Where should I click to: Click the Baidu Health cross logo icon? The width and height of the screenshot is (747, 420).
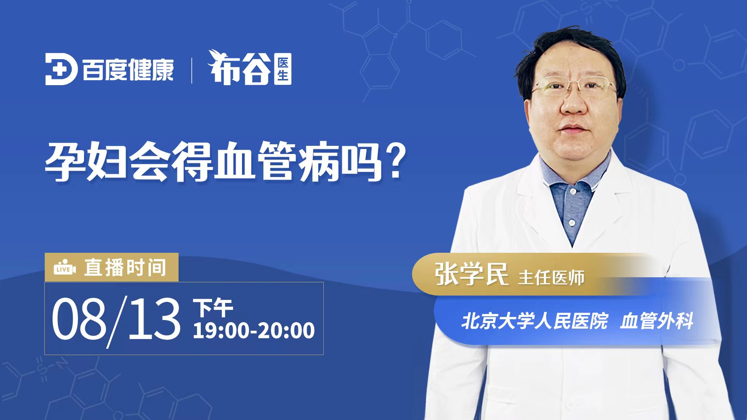tap(61, 69)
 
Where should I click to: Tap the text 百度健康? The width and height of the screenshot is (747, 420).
tap(128, 70)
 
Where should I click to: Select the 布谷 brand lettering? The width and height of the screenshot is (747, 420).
tap(239, 68)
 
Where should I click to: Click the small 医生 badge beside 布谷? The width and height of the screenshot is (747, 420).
tap(283, 69)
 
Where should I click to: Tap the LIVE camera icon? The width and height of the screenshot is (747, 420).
tap(65, 268)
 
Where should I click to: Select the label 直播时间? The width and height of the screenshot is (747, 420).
tap(125, 268)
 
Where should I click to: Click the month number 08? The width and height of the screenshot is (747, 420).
tap(79, 318)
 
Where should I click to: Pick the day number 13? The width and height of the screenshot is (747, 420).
tap(154, 318)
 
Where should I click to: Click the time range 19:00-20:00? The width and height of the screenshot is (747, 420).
tap(254, 331)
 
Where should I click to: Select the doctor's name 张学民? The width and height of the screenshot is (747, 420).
tap(472, 274)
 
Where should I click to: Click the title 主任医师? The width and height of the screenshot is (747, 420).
tap(551, 278)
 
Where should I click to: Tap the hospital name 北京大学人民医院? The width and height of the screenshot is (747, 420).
tap(535, 321)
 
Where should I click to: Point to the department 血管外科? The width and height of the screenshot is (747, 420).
tap(657, 321)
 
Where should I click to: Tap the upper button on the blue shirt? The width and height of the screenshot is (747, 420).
tap(573, 191)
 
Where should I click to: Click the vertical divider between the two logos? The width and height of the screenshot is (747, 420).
tap(191, 70)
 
